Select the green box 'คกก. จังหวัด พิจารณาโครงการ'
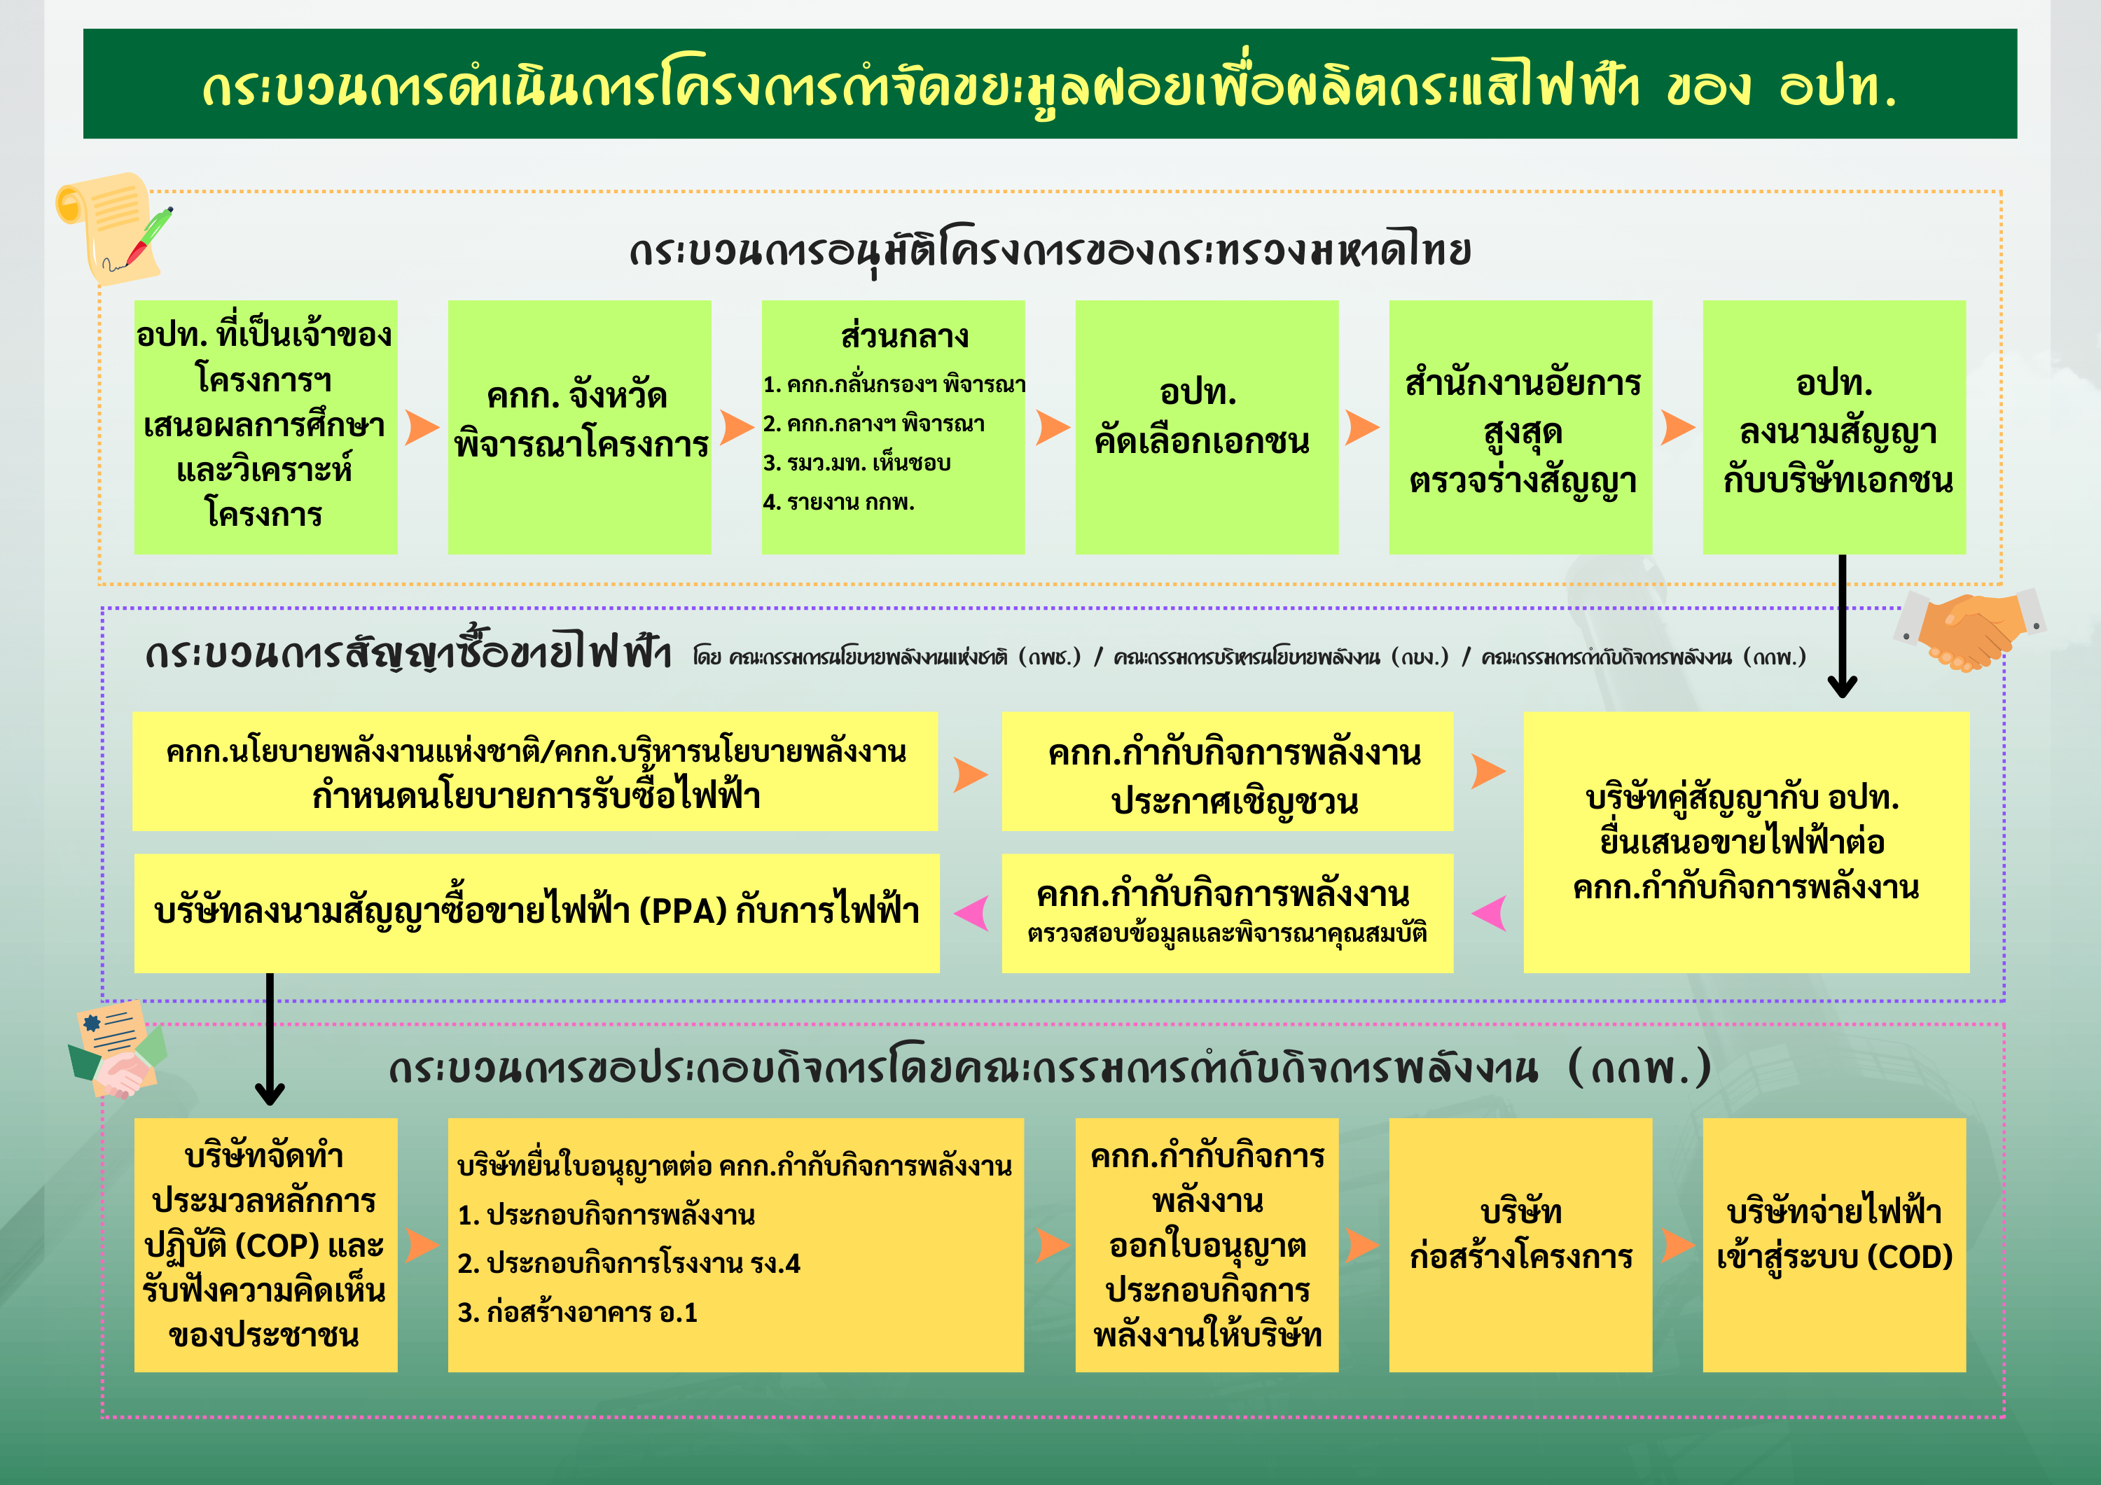[x=579, y=426]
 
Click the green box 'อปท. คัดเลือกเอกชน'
[x=1206, y=426]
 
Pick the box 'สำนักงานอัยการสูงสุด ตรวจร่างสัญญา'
[x=1520, y=426]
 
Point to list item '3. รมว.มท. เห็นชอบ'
[x=857, y=463]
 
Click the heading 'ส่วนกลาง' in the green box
[x=904, y=336]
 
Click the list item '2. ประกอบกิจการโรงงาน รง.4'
[x=629, y=1264]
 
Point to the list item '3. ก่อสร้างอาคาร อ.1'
[x=577, y=1313]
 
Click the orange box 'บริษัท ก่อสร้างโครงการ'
[x=1520, y=1244]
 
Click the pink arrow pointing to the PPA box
[x=972, y=912]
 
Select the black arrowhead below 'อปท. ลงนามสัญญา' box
[x=1842, y=685]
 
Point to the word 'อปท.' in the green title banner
[x=1838, y=87]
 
